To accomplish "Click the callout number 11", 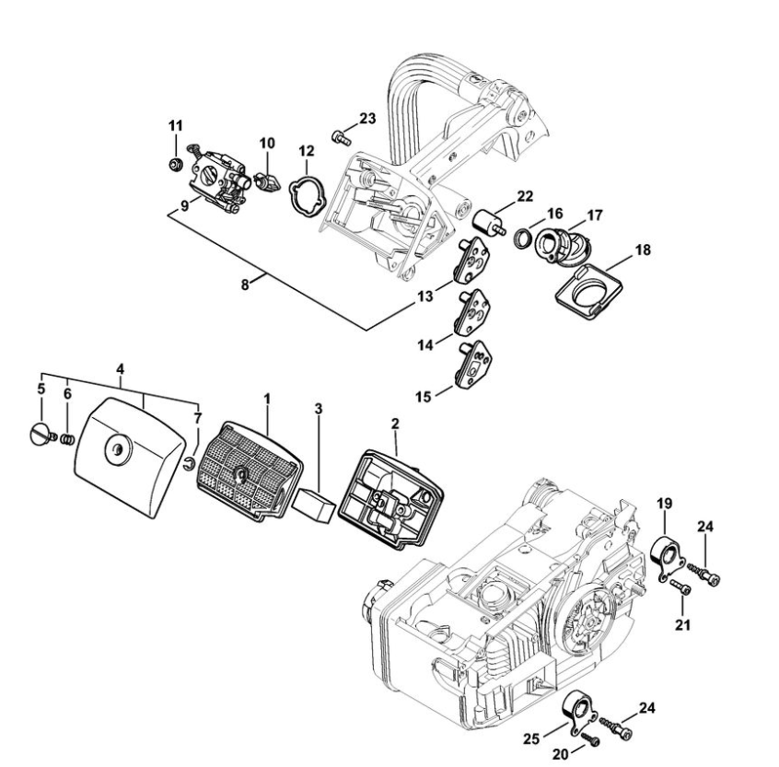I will (175, 124).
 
